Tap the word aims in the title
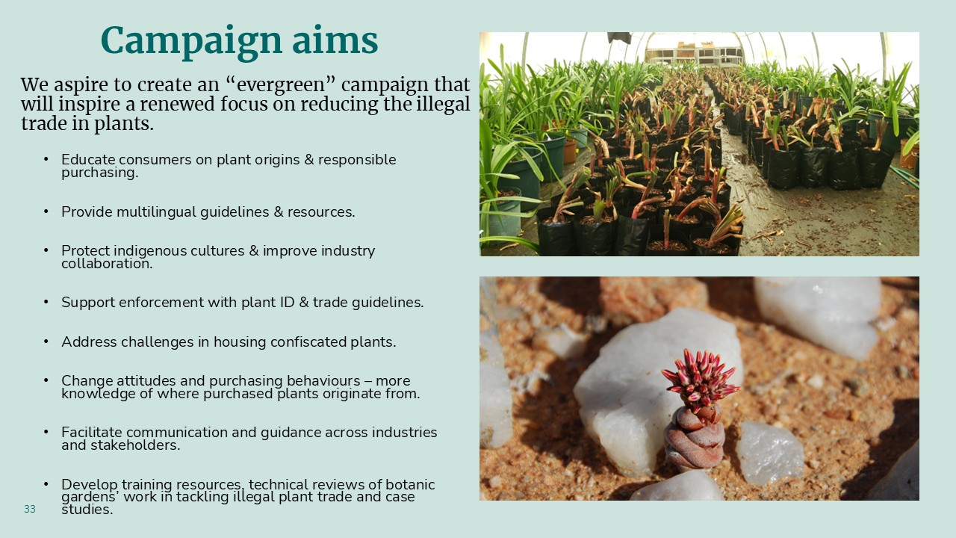pyautogui.click(x=335, y=40)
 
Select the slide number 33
pyautogui.click(x=30, y=509)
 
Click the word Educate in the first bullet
pyautogui.click(x=88, y=159)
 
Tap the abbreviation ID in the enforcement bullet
pyautogui.click(x=286, y=303)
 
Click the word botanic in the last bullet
pyautogui.click(x=410, y=485)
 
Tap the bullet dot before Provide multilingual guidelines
pyautogui.click(x=46, y=211)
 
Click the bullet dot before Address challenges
pyautogui.click(x=46, y=341)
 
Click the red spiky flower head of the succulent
pyautogui.click(x=700, y=379)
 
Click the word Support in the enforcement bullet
pyautogui.click(x=88, y=303)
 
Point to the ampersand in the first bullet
pyautogui.click(x=309, y=160)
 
